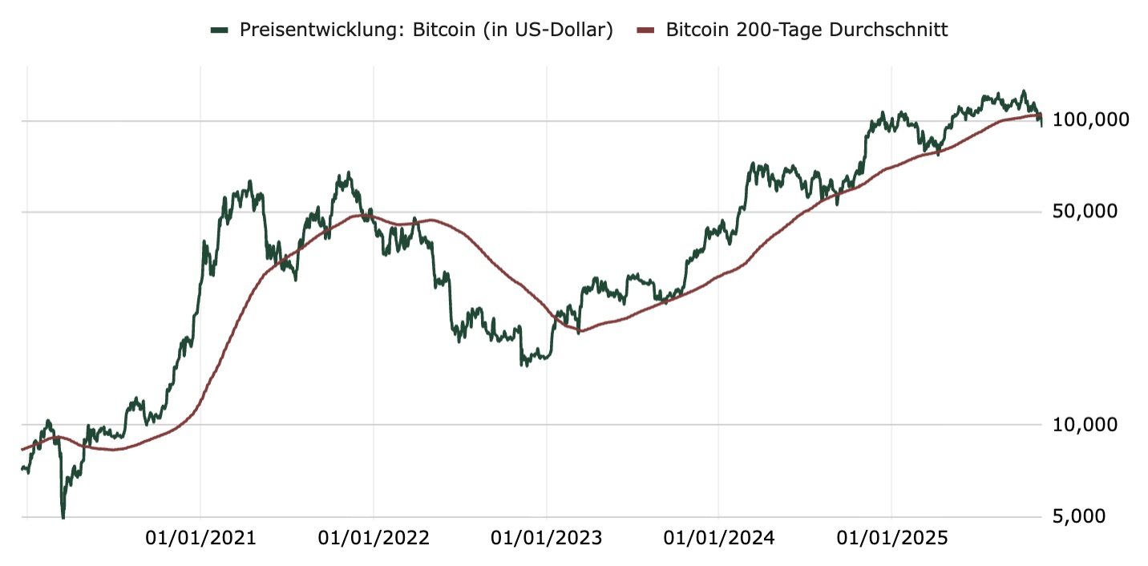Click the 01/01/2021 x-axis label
[200, 538]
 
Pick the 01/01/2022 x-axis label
[374, 538]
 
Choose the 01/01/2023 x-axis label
[546, 538]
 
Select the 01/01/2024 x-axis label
[719, 538]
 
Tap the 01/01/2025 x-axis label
[891, 538]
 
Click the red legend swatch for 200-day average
[646, 30]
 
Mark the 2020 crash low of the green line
[63, 516]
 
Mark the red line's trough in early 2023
[579, 331]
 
